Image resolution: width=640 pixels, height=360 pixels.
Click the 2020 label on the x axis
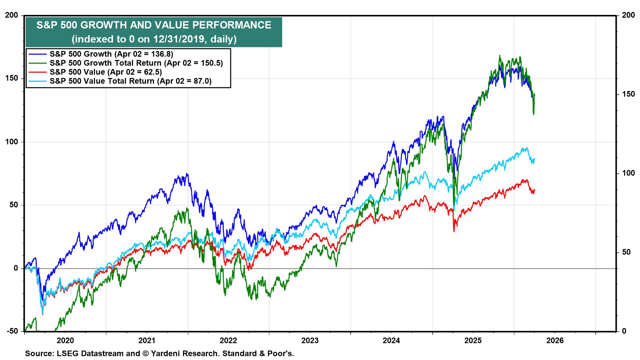point(65,340)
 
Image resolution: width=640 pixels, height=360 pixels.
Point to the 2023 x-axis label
point(310,340)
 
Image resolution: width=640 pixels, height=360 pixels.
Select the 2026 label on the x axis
point(555,340)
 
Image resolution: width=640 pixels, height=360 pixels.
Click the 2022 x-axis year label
point(228,340)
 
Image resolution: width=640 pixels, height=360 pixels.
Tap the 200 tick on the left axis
point(12,15)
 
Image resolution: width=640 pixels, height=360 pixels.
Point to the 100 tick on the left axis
point(12,142)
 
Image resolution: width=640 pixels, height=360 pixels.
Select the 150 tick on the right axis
point(628,94)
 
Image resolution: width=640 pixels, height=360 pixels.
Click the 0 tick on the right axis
point(624,331)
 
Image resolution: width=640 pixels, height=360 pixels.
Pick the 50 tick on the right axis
point(626,252)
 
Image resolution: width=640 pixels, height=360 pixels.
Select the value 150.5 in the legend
point(210,63)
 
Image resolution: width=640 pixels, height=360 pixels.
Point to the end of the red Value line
point(535,190)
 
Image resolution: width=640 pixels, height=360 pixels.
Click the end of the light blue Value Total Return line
point(535,159)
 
